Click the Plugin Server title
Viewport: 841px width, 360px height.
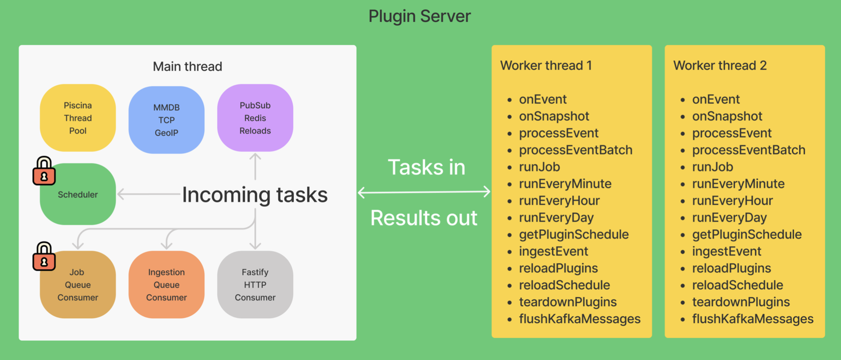pyautogui.click(x=420, y=16)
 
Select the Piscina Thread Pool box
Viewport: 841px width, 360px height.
pyautogui.click(x=78, y=118)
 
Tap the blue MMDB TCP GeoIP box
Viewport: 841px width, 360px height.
pyautogui.click(x=166, y=120)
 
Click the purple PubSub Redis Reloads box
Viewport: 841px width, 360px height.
pyautogui.click(x=255, y=118)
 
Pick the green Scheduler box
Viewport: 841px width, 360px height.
pyautogui.click(x=78, y=195)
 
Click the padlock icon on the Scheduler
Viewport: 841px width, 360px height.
pyautogui.click(x=44, y=171)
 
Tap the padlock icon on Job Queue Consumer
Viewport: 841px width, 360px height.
pyautogui.click(x=44, y=257)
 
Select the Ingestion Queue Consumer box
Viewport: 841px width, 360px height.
pyautogui.click(x=166, y=285)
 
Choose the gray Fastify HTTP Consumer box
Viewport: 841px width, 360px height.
pyautogui.click(x=255, y=285)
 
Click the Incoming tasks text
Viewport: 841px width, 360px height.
pyautogui.click(x=255, y=195)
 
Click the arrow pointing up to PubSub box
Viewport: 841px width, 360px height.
pyautogui.click(x=255, y=166)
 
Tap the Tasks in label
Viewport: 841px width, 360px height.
pyautogui.click(x=426, y=167)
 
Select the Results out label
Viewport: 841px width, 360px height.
pyautogui.click(x=423, y=218)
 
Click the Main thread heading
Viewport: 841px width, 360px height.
pyautogui.click(x=187, y=67)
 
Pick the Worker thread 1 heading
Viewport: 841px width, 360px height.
pyautogui.click(x=546, y=65)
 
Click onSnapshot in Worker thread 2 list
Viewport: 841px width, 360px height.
pyautogui.click(x=727, y=116)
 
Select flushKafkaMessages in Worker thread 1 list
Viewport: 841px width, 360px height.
pyautogui.click(x=579, y=319)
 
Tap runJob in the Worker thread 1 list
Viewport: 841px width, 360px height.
pyautogui.click(x=539, y=167)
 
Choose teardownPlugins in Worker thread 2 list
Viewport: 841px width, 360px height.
pyautogui.click(x=741, y=302)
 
